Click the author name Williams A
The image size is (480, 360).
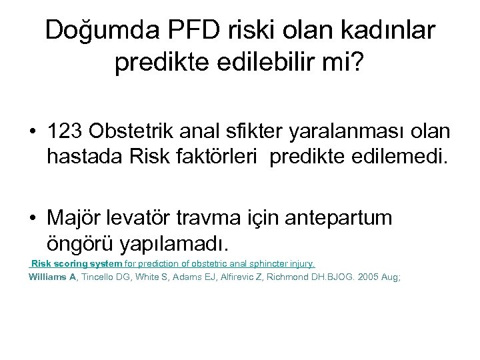[x=53, y=276]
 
